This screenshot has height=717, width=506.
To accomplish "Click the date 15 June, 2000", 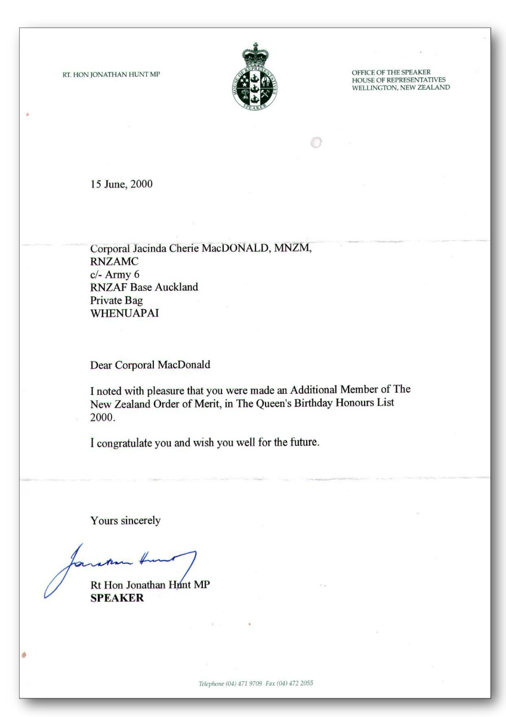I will [x=121, y=184].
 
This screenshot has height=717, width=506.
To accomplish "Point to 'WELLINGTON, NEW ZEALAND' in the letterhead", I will [x=401, y=87].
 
